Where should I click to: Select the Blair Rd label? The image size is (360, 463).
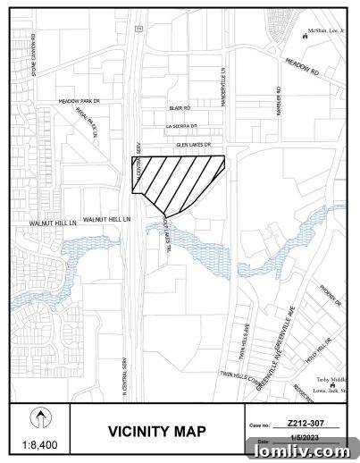click(180, 108)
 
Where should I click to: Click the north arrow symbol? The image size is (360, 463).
click(38, 416)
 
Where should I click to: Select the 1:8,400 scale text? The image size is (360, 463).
click(38, 444)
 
